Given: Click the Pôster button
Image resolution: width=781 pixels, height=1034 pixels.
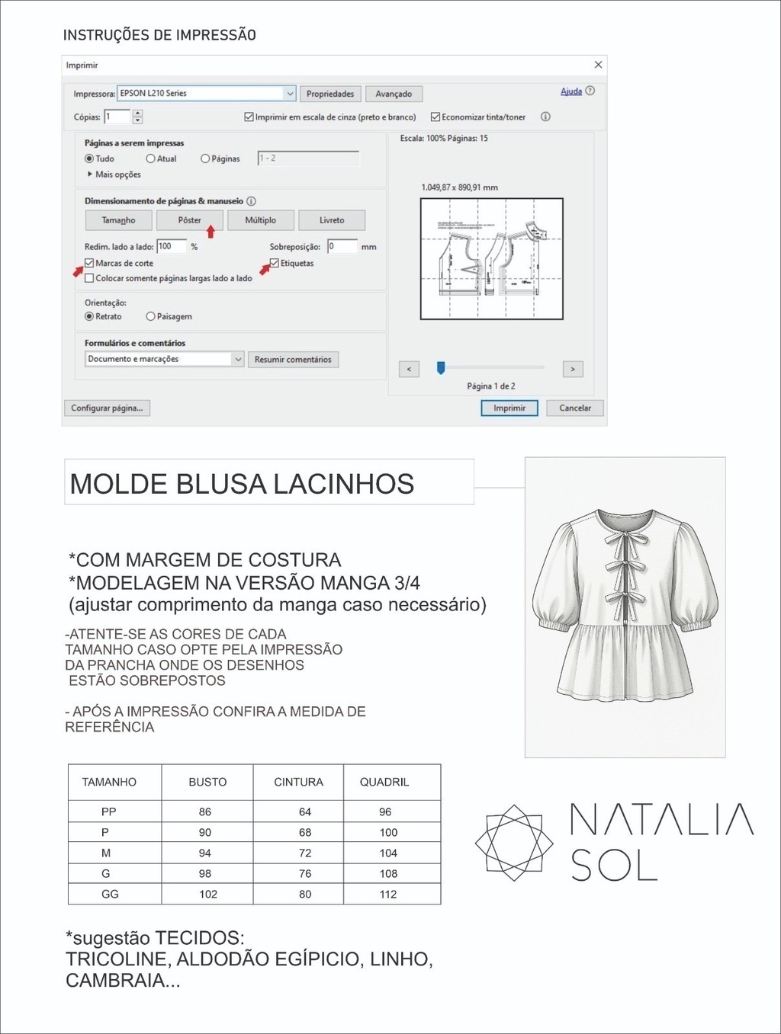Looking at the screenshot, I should click(189, 220).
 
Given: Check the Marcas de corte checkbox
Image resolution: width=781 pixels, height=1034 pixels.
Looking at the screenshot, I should click(89, 263).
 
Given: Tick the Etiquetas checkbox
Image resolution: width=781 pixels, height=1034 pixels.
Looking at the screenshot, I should click(275, 263).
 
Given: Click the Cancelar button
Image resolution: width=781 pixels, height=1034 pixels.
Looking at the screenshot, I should click(574, 408).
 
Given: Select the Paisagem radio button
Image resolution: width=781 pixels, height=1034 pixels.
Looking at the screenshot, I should click(150, 316).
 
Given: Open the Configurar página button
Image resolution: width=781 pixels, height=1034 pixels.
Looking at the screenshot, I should click(107, 408).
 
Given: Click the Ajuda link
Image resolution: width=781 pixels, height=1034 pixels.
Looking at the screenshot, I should click(571, 91).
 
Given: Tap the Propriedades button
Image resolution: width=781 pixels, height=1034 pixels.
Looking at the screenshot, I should click(330, 94).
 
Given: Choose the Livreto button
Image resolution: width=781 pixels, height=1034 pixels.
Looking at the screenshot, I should click(332, 220).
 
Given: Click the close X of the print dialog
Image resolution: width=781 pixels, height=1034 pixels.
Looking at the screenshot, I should click(598, 65).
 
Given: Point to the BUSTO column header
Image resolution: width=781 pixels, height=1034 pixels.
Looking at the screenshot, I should click(207, 782).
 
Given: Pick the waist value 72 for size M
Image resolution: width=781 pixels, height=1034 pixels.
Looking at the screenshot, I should click(305, 853).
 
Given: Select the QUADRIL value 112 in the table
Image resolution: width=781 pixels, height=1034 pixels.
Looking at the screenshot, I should click(388, 894).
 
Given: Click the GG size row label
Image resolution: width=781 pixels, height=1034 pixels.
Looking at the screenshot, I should click(110, 894).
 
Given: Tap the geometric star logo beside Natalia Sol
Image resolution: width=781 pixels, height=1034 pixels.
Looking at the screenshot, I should click(514, 843).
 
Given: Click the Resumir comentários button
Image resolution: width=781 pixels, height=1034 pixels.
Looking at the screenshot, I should click(293, 359).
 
